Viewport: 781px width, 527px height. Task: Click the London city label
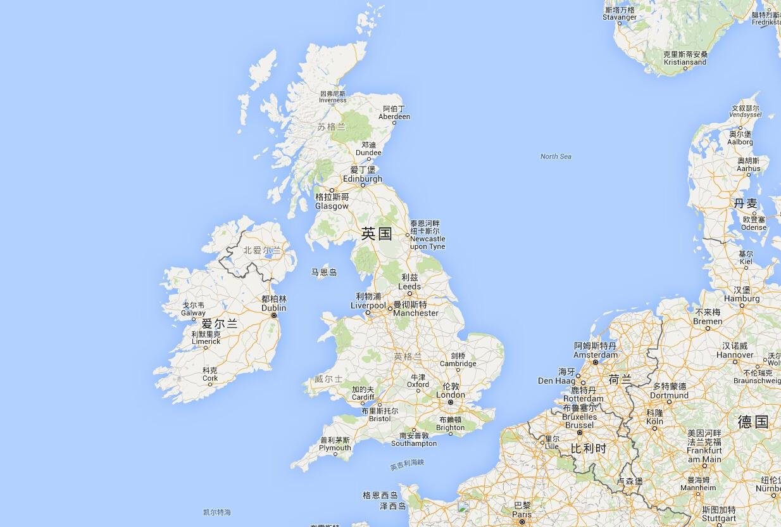coord(451,395)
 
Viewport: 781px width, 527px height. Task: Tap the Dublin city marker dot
coord(274,315)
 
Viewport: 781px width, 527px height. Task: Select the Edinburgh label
coord(363,179)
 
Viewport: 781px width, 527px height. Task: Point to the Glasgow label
coord(332,206)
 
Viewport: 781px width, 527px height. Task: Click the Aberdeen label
coord(394,117)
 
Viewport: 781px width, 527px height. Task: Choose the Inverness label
coord(333,100)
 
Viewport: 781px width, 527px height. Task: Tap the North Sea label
coord(556,156)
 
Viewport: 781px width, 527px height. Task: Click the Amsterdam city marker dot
coord(595,362)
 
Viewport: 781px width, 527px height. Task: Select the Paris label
coord(522,514)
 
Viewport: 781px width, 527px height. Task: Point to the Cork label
coord(210,378)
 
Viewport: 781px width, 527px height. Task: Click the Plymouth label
coord(335,448)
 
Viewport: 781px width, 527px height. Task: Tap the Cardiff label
coord(363,397)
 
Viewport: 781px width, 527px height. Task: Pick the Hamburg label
coord(742,298)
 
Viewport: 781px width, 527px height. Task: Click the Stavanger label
coord(620,17)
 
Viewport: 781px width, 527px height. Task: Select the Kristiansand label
coord(685,62)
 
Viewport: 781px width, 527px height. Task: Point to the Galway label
coord(193,313)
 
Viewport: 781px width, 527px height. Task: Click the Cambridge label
coord(458,364)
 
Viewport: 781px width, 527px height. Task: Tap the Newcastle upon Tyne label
coord(427,243)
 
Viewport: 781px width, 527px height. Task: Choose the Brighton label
coord(450,428)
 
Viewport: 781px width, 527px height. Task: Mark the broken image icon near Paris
coord(463,507)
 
